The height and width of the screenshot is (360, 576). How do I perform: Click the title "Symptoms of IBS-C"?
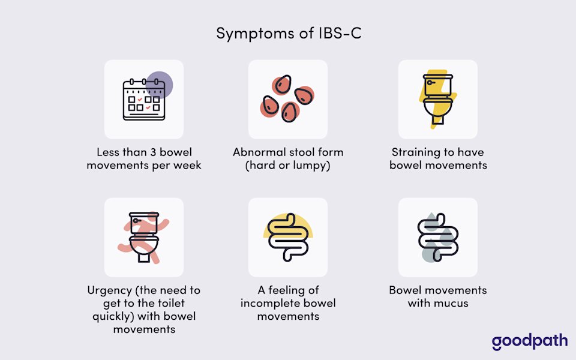[288, 34]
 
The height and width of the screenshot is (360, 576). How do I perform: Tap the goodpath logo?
[529, 341]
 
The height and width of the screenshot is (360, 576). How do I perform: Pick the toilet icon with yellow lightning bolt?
[437, 99]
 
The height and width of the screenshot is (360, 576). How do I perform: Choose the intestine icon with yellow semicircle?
[288, 237]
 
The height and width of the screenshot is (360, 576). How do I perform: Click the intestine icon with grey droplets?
[438, 238]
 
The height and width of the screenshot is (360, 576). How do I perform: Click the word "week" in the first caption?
[187, 165]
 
